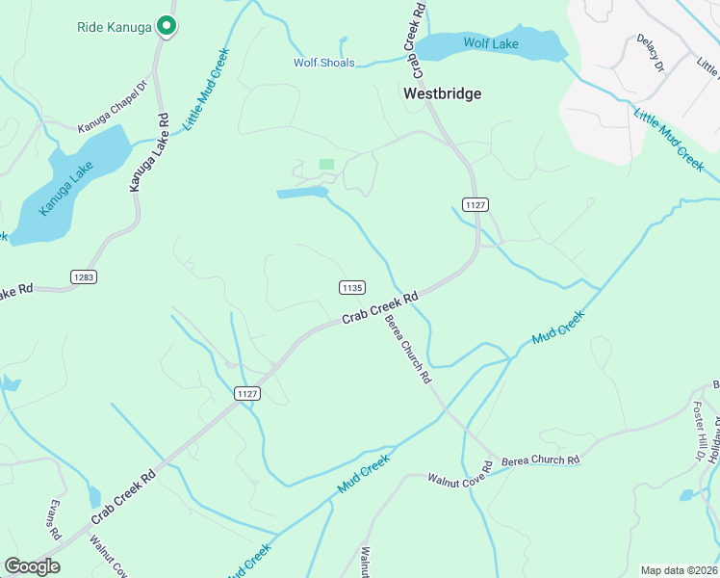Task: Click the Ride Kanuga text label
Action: (115, 27)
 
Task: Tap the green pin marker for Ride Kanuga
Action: (166, 27)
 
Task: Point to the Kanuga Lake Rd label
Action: (150, 151)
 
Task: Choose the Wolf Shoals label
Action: (324, 64)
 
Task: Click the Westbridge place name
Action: (442, 93)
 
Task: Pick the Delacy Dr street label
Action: (651, 53)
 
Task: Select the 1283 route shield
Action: (84, 276)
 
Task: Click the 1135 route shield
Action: (351, 287)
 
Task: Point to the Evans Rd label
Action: (55, 520)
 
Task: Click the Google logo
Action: (32, 566)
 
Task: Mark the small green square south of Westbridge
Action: (326, 165)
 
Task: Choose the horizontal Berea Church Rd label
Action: (540, 460)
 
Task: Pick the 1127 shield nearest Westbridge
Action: (475, 205)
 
